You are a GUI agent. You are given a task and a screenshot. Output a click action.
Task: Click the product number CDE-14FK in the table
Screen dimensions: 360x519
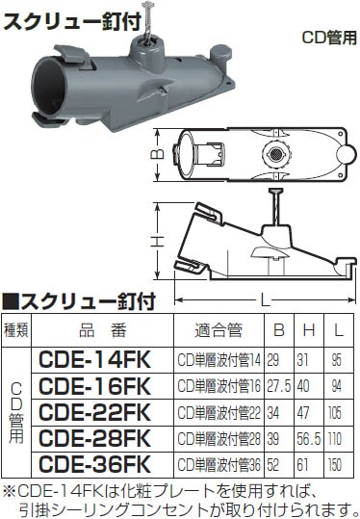click(x=94, y=360)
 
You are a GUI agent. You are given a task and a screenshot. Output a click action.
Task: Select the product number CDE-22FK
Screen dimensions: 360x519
click(x=94, y=412)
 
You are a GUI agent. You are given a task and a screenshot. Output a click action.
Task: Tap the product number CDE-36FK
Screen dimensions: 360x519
click(x=94, y=464)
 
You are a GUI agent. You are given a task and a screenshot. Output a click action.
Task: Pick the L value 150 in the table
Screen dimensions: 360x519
click(x=335, y=465)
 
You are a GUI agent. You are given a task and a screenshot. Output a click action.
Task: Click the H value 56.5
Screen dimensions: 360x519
click(x=308, y=439)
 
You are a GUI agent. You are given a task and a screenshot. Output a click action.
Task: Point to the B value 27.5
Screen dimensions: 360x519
click(x=278, y=386)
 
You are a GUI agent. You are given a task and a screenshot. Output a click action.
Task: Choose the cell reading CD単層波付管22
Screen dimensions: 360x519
click(x=219, y=413)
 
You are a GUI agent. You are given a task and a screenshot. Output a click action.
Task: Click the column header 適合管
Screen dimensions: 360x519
click(x=219, y=330)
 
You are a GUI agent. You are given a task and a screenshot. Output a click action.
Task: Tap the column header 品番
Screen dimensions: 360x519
click(x=103, y=330)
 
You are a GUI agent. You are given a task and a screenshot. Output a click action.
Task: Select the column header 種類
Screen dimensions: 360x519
click(x=16, y=330)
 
